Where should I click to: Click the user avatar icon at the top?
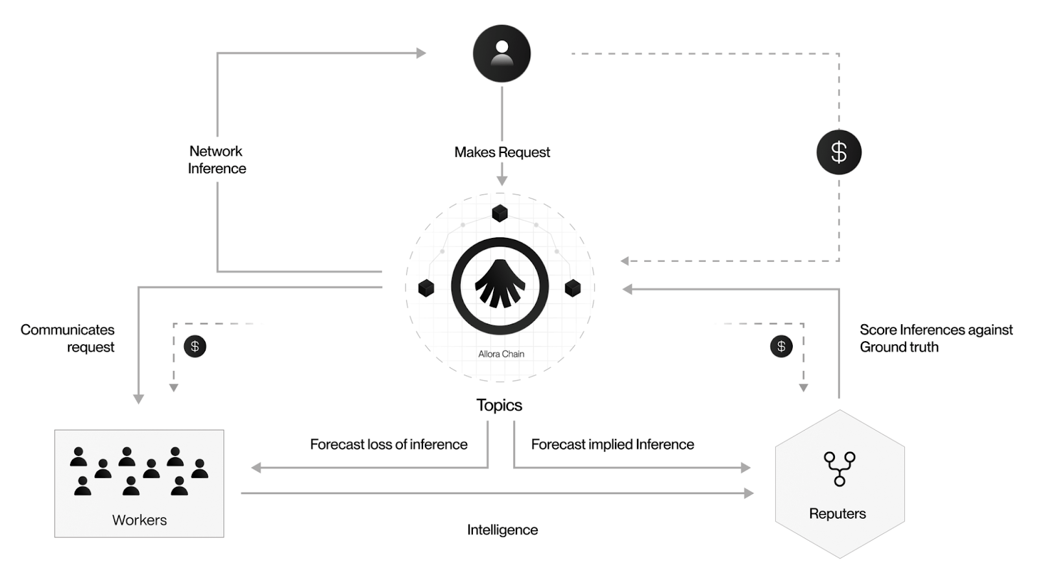coord(501,53)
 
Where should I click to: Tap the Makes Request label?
coord(502,152)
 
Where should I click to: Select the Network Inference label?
coord(217,160)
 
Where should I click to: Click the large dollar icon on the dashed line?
coord(839,152)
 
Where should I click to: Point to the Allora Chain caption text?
coord(501,354)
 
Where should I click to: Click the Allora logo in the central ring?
coord(500,286)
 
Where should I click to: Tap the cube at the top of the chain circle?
coord(500,213)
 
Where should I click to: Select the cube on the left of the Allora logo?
coord(426,287)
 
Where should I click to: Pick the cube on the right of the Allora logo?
coord(573,287)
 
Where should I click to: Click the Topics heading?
coord(499,405)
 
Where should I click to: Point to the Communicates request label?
coord(68,338)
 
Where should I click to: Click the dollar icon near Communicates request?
coord(195,346)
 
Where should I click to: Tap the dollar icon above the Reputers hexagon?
coord(781,346)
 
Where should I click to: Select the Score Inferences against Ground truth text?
coord(935,338)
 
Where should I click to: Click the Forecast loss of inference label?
coord(389,444)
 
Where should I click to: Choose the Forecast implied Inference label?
coord(612,444)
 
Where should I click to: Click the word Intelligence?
coord(502,530)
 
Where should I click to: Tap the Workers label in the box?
coord(139,520)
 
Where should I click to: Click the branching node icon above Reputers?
coord(839,469)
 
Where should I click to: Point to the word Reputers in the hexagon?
coord(838,514)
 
